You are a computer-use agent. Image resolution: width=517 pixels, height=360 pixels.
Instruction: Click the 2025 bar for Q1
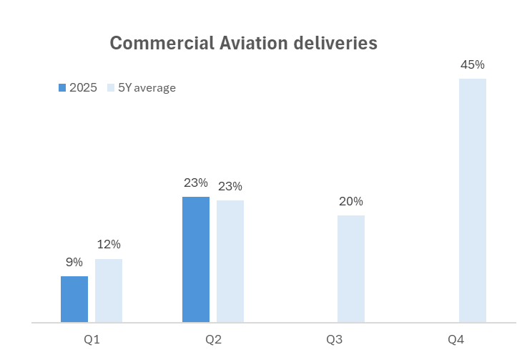(x=74, y=299)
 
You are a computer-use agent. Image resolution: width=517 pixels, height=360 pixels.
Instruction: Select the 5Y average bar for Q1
(x=109, y=291)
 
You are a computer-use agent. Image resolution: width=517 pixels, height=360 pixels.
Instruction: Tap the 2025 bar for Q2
(x=196, y=260)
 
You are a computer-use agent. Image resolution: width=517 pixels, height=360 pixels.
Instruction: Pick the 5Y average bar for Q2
(x=230, y=261)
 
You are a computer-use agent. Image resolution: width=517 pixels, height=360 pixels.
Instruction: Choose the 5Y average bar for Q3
(x=351, y=269)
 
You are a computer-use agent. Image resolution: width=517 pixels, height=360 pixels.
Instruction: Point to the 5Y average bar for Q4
(x=473, y=200)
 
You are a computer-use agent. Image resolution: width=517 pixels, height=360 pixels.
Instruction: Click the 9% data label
(x=74, y=263)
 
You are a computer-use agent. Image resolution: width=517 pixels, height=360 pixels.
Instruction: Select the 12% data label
(x=109, y=245)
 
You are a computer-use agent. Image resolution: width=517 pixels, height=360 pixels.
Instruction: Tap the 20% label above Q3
(x=351, y=201)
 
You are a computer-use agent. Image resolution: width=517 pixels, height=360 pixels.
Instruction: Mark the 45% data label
(x=473, y=64)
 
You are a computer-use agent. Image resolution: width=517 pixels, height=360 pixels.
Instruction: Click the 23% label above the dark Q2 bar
(x=195, y=183)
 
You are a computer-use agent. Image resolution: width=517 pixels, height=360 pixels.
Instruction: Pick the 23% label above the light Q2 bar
(x=230, y=186)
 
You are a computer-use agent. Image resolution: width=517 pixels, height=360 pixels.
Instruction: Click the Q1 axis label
(x=92, y=338)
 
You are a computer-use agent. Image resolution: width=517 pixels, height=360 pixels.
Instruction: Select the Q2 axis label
(x=213, y=338)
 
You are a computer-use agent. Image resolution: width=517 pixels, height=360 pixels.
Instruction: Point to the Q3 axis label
(x=334, y=338)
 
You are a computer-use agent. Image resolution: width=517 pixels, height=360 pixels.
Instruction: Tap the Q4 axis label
(x=456, y=338)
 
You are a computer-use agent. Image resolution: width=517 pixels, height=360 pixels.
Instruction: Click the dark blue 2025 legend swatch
(x=62, y=88)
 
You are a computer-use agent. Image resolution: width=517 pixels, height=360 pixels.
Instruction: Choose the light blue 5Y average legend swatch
(x=111, y=88)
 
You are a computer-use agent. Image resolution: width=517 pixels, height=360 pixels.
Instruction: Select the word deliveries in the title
(x=339, y=43)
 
